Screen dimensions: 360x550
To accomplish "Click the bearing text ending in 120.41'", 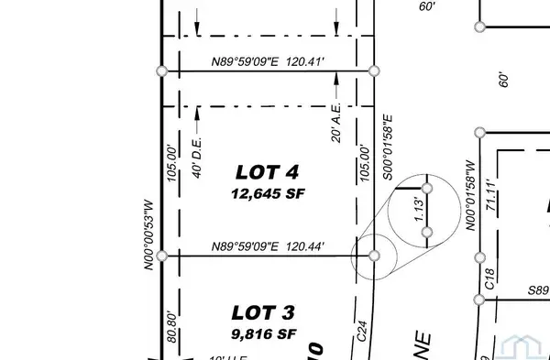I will tap(268, 62).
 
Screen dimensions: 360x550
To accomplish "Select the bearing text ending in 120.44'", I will tap(268, 246).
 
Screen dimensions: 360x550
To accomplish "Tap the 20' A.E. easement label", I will tap(336, 125).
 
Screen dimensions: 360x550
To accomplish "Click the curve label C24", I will tap(362, 343).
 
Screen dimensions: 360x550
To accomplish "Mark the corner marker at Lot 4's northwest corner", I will tap(162, 71).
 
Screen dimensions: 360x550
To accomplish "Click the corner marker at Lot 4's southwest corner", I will tap(162, 256).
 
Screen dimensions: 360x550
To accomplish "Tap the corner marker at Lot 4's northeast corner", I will tap(373, 71).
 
